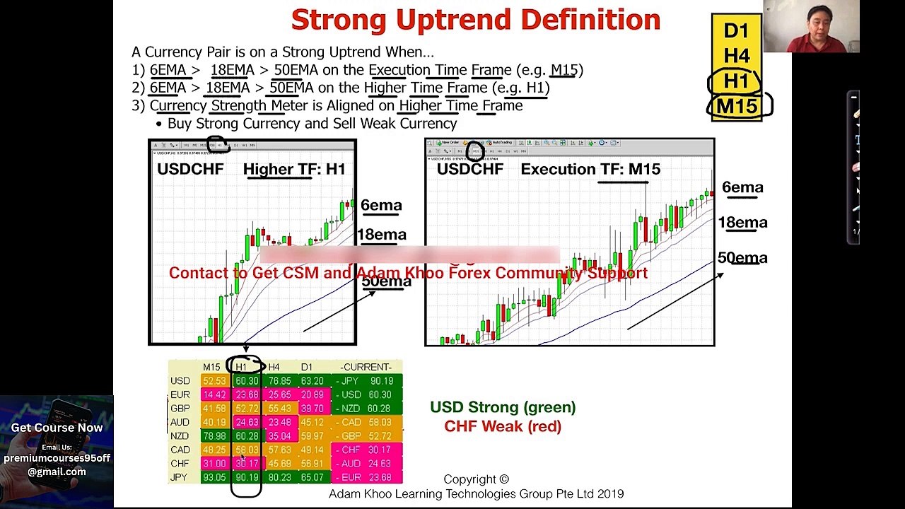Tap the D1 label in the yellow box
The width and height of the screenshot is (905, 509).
[x=736, y=30]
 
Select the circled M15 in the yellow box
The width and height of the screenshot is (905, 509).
[x=737, y=106]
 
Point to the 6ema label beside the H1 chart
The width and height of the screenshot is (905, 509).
[x=381, y=206]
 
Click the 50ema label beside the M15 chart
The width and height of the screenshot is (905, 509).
[x=742, y=258]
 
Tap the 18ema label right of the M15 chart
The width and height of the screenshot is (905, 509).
[x=742, y=223]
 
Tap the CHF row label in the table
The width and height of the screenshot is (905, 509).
[x=180, y=464]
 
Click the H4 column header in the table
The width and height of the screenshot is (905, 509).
[x=274, y=367]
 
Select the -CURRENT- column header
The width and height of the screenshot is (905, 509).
[x=366, y=367]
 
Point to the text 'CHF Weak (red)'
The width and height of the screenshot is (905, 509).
[x=503, y=426]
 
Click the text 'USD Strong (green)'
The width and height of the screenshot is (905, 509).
[x=503, y=407]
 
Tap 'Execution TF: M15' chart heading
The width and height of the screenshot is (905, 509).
[x=590, y=169]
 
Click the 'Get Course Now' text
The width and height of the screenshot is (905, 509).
[x=57, y=428]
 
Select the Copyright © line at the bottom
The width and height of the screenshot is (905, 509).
[x=476, y=479]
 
